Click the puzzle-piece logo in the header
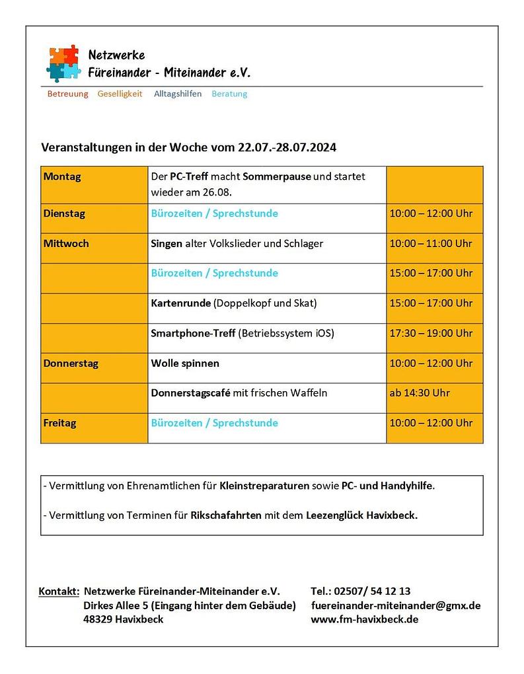click(x=64, y=63)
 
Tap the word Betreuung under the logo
click(x=67, y=94)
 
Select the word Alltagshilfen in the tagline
click(x=178, y=94)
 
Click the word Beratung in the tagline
click(x=229, y=94)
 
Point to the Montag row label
click(x=62, y=177)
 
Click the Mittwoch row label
click(x=66, y=243)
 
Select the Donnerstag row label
click(x=71, y=363)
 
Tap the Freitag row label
click(x=59, y=423)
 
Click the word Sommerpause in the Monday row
click(x=277, y=177)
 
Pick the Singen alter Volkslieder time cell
click(x=431, y=243)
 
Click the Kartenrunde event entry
click(x=234, y=303)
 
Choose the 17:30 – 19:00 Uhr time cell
click(x=431, y=333)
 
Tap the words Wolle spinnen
click(x=185, y=363)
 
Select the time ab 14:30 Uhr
click(x=420, y=393)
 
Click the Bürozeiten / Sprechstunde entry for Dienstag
click(x=215, y=213)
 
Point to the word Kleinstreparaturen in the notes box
click(x=264, y=486)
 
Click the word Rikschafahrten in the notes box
click(x=226, y=515)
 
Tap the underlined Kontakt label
click(x=59, y=591)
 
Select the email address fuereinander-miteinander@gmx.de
click(x=395, y=605)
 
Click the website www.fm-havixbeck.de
click(x=364, y=620)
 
